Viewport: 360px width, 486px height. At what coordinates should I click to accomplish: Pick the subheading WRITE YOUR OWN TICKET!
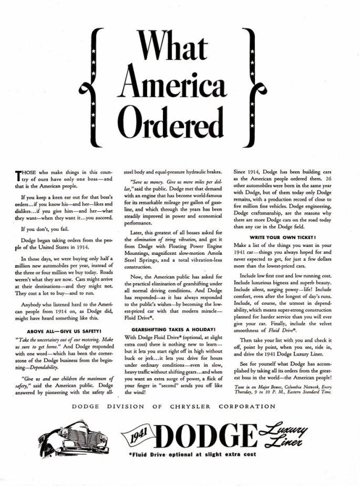coord(283,237)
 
